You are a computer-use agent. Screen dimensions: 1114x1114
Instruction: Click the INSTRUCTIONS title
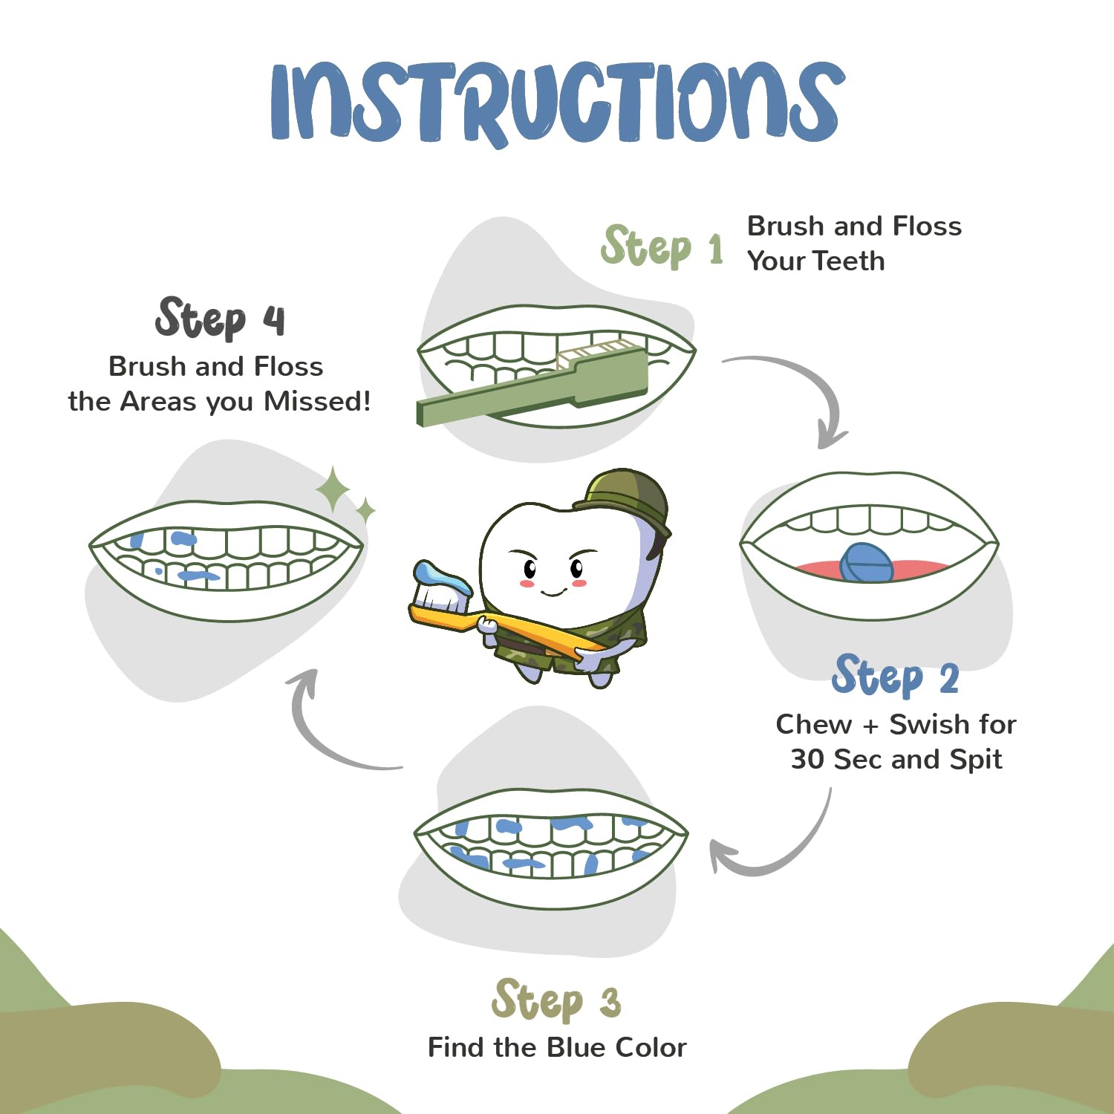click(557, 102)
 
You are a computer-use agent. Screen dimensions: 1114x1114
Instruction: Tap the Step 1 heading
click(662, 246)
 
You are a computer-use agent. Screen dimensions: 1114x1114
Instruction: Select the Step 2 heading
click(896, 675)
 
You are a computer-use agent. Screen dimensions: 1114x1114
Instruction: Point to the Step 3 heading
click(556, 1000)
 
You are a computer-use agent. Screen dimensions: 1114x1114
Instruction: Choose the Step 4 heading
click(220, 318)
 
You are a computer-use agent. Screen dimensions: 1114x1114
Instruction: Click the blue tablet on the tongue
click(866, 563)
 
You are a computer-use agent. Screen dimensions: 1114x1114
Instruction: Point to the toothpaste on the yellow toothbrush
click(442, 579)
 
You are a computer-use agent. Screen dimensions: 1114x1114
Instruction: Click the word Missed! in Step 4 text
click(317, 401)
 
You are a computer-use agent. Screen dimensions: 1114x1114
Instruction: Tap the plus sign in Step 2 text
click(870, 725)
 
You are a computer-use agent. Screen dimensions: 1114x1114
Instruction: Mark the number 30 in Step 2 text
click(807, 759)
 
